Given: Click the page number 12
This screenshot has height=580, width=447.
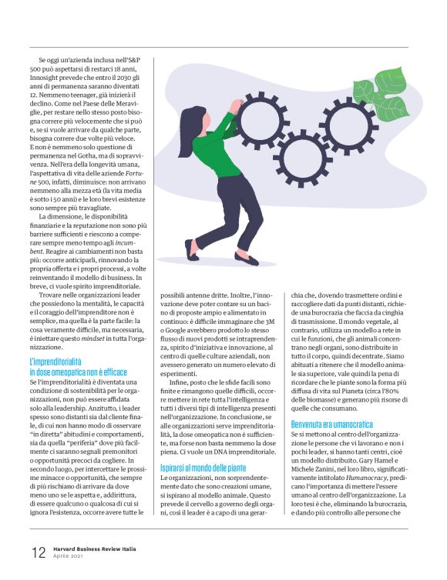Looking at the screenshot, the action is (x=39, y=553).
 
